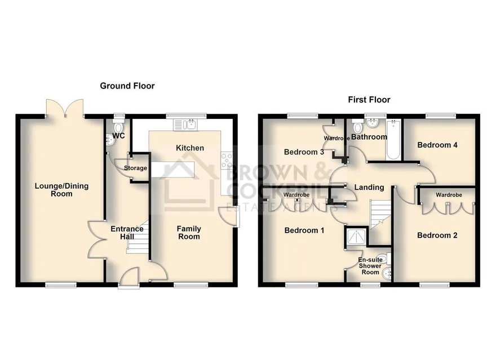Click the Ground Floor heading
coord(127,86)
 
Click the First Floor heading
coord(369,100)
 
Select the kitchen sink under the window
coord(185,124)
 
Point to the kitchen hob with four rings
coord(227,160)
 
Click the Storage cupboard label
coord(135,168)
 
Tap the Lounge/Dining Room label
coord(61,190)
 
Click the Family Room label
coord(189,232)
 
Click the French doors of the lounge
coord(65,108)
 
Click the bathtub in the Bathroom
coord(393,139)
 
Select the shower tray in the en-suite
coord(357,237)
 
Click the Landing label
coord(369,188)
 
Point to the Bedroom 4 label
coord(437,145)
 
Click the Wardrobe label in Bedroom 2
coord(449,195)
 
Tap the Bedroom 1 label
coord(304,230)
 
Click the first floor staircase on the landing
coord(381,215)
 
